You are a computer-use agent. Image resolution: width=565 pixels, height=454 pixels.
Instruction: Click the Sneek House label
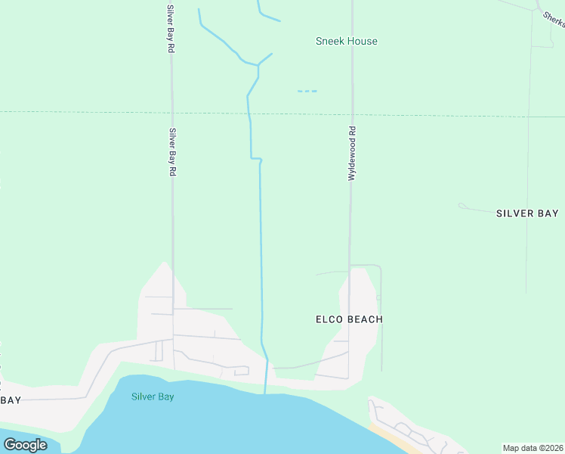click(x=346, y=41)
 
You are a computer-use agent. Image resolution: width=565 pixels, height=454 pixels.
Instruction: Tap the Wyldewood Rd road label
click(x=351, y=153)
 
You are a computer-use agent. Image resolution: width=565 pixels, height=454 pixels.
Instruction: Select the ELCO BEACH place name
click(x=349, y=319)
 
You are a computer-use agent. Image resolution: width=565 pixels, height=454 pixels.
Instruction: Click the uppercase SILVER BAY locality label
click(x=527, y=213)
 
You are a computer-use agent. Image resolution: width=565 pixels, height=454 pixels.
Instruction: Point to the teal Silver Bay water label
click(x=153, y=396)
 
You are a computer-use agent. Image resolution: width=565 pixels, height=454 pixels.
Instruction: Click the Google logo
click(x=25, y=445)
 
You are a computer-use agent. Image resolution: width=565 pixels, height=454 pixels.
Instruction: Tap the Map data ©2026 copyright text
click(x=533, y=448)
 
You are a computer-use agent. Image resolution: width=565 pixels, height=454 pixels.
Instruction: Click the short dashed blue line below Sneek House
click(x=307, y=92)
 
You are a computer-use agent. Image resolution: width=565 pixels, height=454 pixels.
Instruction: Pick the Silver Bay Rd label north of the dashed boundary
click(x=171, y=27)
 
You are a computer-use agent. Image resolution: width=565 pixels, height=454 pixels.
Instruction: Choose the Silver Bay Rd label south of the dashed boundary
click(x=172, y=153)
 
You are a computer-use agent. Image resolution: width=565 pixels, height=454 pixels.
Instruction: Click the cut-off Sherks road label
click(x=554, y=18)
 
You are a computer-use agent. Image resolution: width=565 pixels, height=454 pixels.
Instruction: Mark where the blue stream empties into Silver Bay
click(x=265, y=392)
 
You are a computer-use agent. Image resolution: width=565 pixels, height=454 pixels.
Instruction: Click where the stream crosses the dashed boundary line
click(x=249, y=113)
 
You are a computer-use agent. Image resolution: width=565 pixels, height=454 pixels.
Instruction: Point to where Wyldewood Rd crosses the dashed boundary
click(x=351, y=115)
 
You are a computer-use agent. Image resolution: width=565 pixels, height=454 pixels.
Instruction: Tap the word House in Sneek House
click(x=362, y=41)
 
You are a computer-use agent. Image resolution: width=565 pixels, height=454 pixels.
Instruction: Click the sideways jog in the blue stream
click(x=256, y=159)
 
